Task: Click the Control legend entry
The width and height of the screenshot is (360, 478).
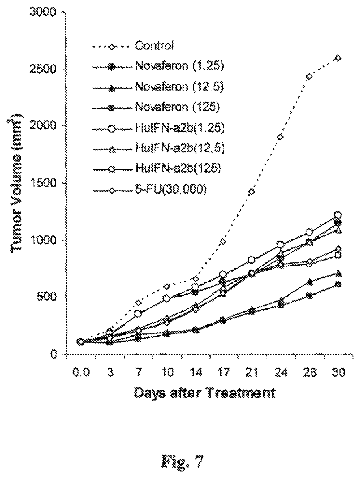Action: tap(155, 45)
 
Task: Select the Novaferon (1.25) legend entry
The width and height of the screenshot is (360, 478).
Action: tap(179, 66)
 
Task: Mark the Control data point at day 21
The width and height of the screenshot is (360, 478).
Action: tap(252, 191)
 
